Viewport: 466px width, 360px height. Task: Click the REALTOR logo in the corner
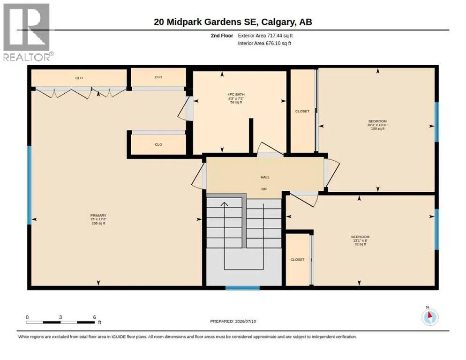(x=28, y=32)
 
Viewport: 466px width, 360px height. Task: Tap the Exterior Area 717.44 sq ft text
(x=265, y=36)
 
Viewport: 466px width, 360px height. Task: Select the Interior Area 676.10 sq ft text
(x=264, y=44)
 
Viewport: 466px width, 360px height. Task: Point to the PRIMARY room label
(x=98, y=216)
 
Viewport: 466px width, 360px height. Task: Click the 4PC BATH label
(x=236, y=95)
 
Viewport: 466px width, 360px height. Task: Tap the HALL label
(x=265, y=177)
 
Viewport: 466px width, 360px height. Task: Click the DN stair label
(x=264, y=189)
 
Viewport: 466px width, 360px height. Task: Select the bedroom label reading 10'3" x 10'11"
(x=377, y=125)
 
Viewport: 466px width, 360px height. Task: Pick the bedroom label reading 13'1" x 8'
(x=360, y=240)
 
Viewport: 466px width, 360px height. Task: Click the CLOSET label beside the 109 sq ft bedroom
(x=302, y=111)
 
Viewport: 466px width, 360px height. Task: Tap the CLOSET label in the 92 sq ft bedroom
(x=298, y=260)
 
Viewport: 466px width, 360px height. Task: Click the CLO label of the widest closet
(x=79, y=78)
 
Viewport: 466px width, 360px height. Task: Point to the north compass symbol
(x=430, y=317)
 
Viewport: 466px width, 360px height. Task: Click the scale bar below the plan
(x=60, y=322)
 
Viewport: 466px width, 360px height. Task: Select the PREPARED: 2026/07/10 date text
(x=233, y=321)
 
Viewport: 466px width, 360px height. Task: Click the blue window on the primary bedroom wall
(x=29, y=185)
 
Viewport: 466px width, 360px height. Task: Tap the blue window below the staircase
(x=242, y=288)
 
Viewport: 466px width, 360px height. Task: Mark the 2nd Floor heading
(x=222, y=36)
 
